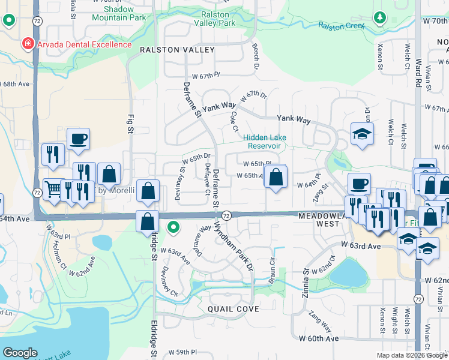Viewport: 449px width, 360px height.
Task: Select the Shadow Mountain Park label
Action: [119, 14]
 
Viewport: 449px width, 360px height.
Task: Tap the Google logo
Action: [20, 353]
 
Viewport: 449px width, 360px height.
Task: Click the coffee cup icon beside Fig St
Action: [78, 139]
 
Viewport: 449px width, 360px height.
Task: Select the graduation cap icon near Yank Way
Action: [363, 134]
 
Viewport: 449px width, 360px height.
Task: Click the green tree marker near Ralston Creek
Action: [379, 17]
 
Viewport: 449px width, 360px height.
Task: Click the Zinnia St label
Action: [306, 280]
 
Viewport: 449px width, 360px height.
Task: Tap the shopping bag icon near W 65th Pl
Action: [275, 177]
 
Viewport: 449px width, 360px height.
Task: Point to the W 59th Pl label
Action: [182, 352]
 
